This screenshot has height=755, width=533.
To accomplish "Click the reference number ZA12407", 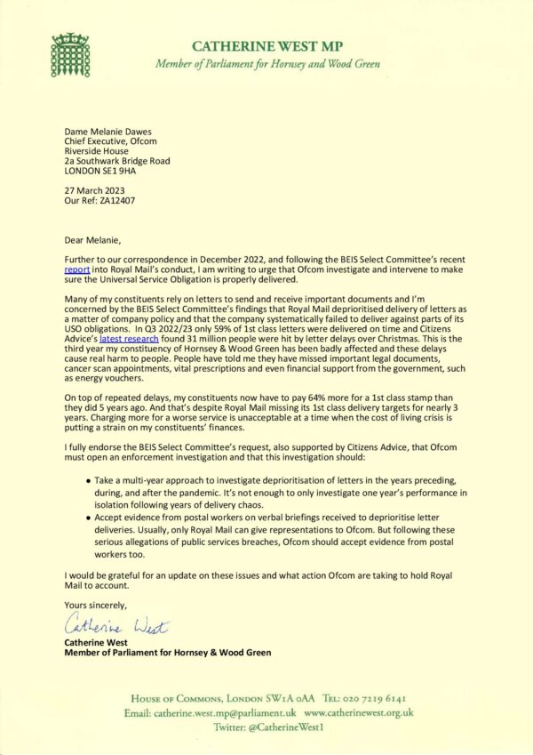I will pyautogui.click(x=118, y=202).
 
